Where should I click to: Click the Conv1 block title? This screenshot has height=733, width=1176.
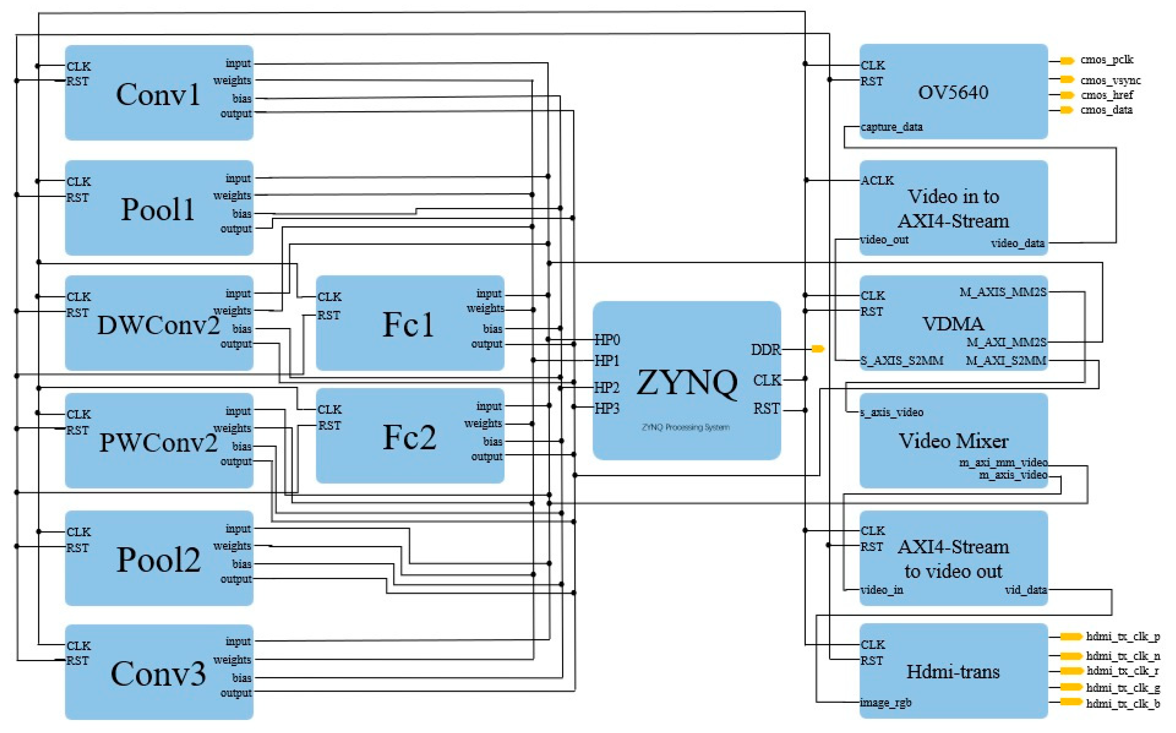click(x=158, y=94)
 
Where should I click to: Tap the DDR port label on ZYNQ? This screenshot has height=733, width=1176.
click(x=765, y=350)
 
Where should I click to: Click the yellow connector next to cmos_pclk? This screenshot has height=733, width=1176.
click(x=1067, y=61)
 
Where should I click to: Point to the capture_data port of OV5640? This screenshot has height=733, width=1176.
click(x=891, y=127)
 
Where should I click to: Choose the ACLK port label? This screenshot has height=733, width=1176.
click(x=877, y=180)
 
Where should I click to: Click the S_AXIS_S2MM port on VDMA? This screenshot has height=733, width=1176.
click(x=901, y=361)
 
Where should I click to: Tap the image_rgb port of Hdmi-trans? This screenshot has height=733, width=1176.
click(x=885, y=702)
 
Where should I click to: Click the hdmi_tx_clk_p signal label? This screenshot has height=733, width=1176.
click(x=1123, y=637)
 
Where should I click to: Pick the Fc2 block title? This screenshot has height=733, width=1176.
click(x=409, y=437)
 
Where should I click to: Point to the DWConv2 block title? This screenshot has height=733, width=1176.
click(x=158, y=325)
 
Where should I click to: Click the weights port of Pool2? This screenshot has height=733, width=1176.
click(x=232, y=546)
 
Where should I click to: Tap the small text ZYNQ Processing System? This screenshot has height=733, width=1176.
click(x=685, y=427)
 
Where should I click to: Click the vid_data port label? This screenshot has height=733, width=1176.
click(x=1025, y=590)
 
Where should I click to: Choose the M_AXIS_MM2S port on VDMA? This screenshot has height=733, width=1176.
click(x=1003, y=292)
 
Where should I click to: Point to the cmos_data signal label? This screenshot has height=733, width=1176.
click(x=1106, y=110)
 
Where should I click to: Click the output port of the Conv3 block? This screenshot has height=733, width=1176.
click(x=236, y=693)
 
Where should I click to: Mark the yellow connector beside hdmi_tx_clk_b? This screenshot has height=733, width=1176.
click(x=1071, y=702)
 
